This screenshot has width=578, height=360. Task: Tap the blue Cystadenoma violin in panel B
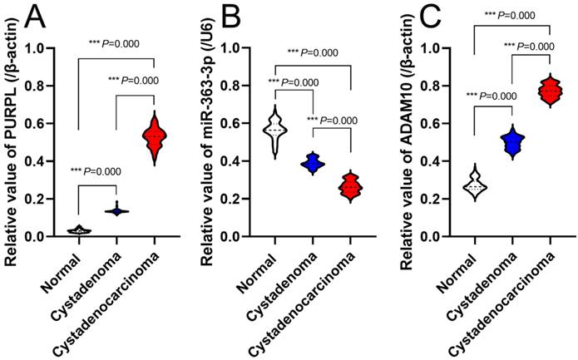313,163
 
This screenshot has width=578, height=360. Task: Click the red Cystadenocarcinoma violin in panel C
551,91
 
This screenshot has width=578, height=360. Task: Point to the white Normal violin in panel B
274,129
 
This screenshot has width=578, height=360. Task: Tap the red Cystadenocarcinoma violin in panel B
351,188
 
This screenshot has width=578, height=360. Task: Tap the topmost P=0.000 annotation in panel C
512,14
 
